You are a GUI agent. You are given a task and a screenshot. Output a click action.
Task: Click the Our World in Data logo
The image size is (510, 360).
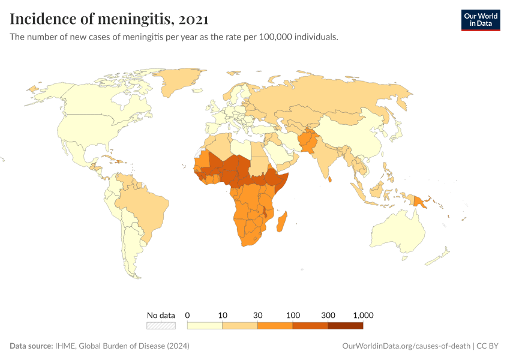[480, 19]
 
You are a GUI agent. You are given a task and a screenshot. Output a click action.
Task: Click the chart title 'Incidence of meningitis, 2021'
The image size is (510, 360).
[109, 19]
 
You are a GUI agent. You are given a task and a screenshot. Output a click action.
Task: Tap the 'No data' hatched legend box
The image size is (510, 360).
[161, 325]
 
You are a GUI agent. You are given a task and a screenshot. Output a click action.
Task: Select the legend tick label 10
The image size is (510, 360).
[223, 315]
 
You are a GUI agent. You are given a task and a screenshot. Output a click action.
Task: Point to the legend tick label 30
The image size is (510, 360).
[258, 315]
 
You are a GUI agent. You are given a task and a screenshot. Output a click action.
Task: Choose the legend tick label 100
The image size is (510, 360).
[293, 315]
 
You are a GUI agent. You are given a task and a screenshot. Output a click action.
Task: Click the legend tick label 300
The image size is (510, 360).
[328, 315]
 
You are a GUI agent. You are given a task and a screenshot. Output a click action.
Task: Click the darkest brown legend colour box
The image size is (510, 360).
[346, 325]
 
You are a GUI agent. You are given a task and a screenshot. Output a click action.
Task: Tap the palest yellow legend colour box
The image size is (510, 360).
[205, 325]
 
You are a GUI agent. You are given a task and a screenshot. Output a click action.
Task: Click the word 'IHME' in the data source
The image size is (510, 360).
[65, 346]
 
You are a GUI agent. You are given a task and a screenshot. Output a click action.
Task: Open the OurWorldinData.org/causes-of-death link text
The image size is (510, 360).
[406, 346]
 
